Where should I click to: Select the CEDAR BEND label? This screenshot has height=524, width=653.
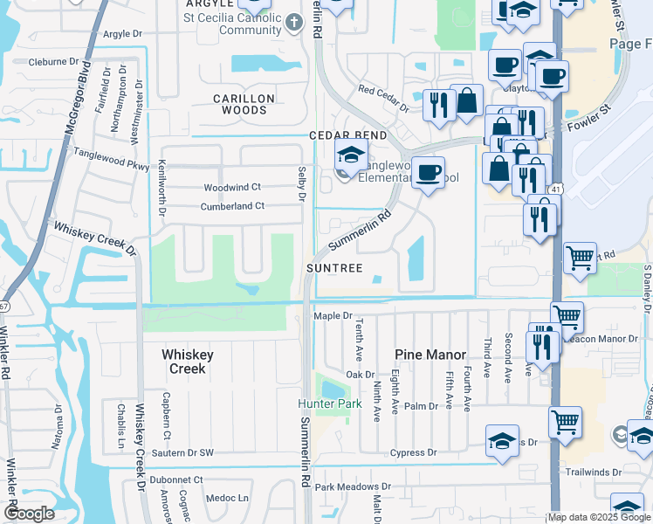click(335, 136)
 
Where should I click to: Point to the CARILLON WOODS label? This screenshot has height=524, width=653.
click(244, 105)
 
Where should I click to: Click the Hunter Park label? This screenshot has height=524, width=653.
click(329, 404)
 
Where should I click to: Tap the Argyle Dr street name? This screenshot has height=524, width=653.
click(122, 34)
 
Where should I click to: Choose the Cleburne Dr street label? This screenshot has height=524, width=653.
click(59, 62)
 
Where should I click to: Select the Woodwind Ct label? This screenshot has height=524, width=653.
click(232, 188)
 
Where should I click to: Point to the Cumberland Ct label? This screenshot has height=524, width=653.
click(232, 206)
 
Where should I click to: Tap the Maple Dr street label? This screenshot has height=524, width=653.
click(333, 316)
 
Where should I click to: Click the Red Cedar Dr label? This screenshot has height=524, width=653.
click(383, 99)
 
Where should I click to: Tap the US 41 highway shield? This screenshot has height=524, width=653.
click(555, 190)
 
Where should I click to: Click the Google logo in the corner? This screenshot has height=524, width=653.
click(30, 514)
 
